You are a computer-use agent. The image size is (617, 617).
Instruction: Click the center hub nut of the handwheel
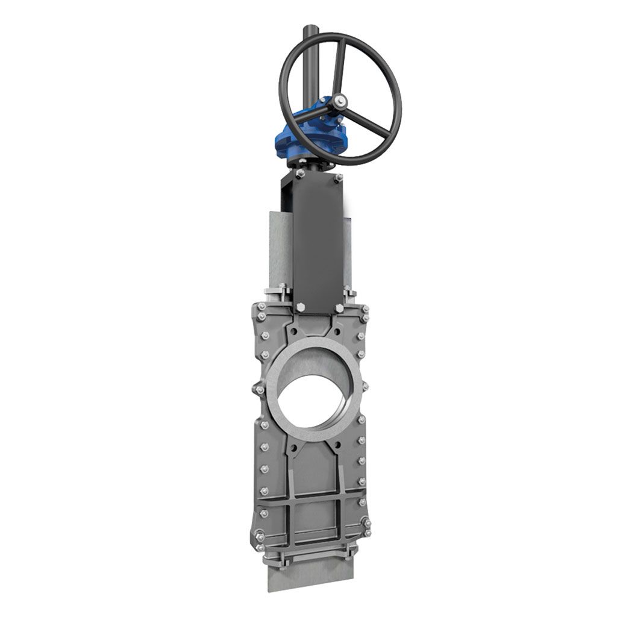tap(342, 101)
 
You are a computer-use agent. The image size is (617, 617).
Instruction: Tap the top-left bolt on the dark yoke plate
tap(299, 175)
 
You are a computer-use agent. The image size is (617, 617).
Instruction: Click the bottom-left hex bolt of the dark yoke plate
tap(300, 308)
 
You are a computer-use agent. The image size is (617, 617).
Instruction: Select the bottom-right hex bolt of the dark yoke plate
tap(340, 308)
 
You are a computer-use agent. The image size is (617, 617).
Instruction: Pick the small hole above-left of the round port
tap(292, 331)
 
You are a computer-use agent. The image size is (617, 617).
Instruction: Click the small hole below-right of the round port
tap(338, 445)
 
